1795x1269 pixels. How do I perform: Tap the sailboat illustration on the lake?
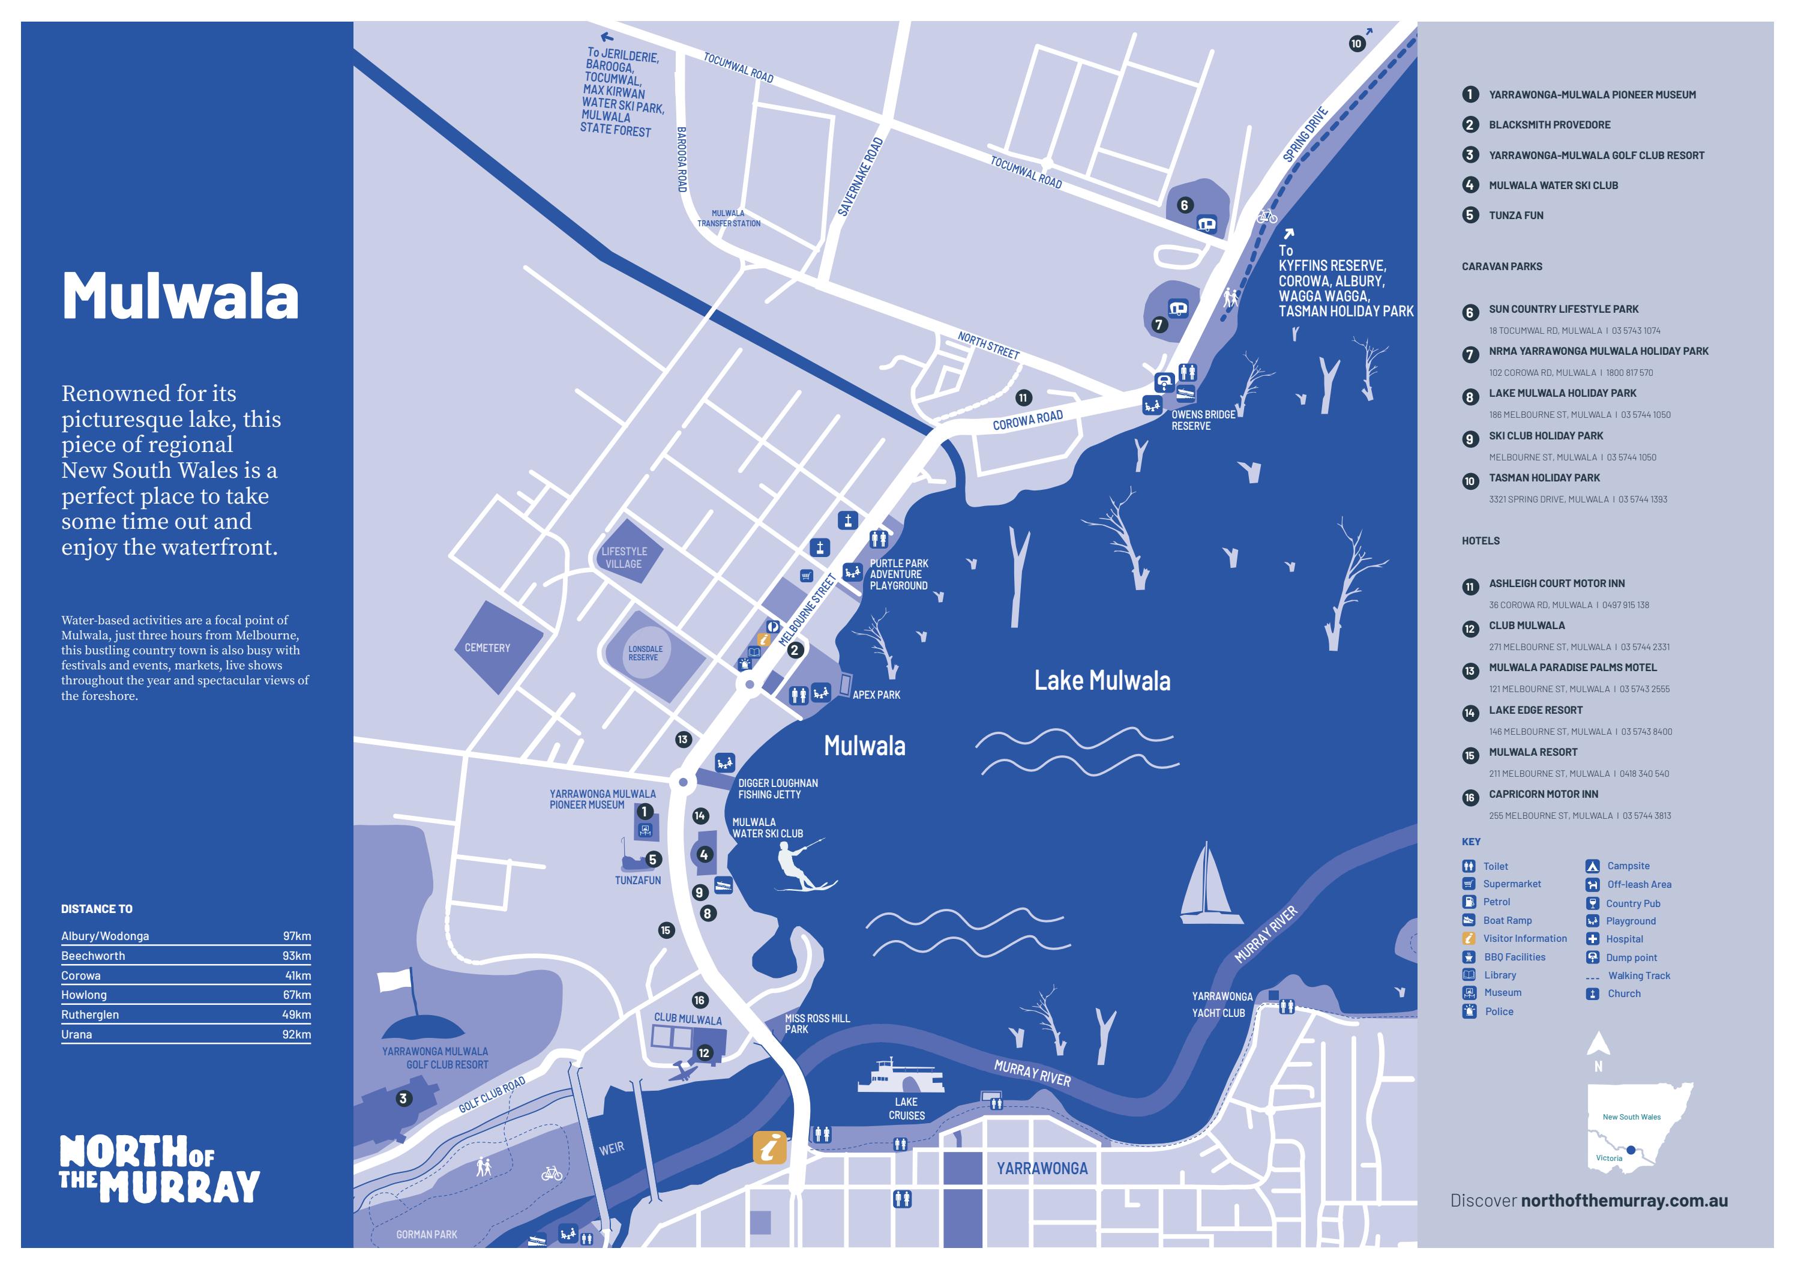coord(1209,884)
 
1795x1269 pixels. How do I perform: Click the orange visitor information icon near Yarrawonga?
coord(769,1148)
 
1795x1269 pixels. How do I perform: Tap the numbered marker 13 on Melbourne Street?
coord(682,739)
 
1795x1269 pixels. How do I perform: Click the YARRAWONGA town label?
coord(1041,1168)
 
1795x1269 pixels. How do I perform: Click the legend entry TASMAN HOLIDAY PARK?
coord(1544,478)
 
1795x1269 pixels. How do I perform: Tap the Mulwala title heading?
coord(180,297)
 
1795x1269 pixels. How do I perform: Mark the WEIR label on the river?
coord(612,1148)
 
